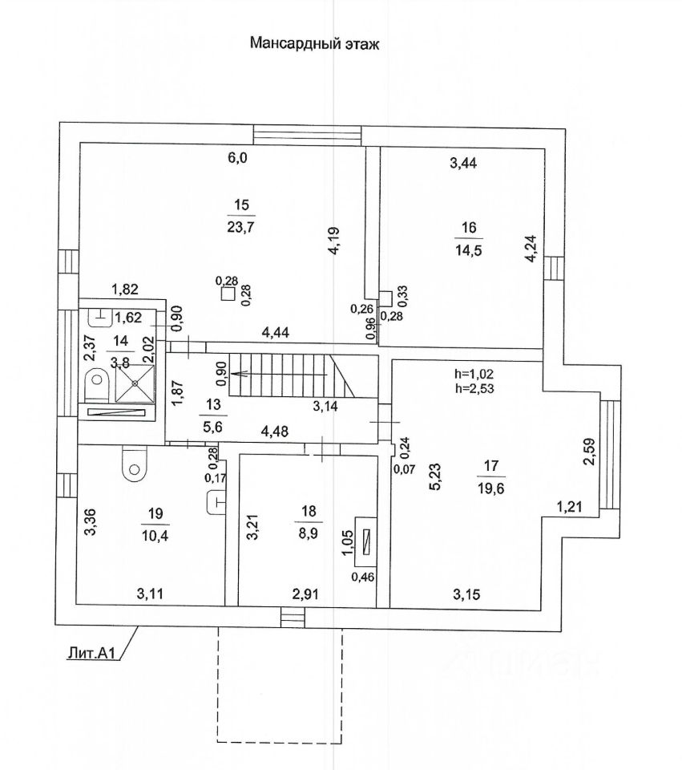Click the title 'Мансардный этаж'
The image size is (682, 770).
point(315,43)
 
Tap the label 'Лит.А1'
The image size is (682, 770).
point(91,653)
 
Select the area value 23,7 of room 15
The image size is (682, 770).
point(242,227)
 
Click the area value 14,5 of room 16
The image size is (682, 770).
point(469,250)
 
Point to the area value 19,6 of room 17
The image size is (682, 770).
point(491,488)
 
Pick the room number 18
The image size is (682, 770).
point(309,511)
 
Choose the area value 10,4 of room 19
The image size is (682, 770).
point(155,536)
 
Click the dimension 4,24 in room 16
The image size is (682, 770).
point(532,250)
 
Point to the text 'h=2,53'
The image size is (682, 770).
point(474,389)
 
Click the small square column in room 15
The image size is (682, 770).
point(228,294)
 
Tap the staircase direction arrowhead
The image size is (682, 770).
point(235,374)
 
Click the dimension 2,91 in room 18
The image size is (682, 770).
point(305,594)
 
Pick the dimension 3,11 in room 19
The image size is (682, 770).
point(150,594)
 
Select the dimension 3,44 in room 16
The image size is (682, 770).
point(463,163)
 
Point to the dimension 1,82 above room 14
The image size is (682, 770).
point(125,290)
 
